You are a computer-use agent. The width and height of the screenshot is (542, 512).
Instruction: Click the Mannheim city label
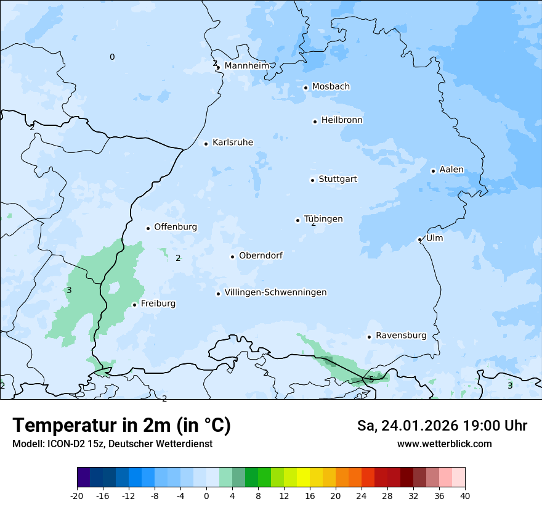point(246,65)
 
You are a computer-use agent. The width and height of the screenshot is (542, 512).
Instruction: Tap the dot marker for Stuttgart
point(312,180)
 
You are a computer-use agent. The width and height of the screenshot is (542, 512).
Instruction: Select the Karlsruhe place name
point(232,142)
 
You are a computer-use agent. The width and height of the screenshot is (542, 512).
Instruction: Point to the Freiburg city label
point(158,303)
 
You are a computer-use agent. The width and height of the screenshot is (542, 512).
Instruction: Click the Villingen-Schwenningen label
point(275,292)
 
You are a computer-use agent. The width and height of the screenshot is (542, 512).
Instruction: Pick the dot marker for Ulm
point(419,239)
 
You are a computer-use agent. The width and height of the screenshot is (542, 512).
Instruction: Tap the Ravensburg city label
point(401,336)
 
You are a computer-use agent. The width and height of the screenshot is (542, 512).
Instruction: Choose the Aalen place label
point(451,170)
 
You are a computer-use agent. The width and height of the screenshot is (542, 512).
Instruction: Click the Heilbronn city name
point(342,120)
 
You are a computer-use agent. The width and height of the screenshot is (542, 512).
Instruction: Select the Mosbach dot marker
point(305,88)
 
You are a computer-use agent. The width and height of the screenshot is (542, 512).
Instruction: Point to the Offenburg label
point(176,227)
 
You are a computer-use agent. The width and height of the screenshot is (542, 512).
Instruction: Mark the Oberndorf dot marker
point(232,257)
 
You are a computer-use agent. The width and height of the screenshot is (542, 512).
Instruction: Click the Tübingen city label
point(323,219)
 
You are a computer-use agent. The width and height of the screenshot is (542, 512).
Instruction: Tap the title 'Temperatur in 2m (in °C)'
point(122,425)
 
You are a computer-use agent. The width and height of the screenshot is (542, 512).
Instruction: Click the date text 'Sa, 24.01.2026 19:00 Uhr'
point(442,426)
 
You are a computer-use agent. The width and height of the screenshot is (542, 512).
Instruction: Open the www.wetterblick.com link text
point(444,444)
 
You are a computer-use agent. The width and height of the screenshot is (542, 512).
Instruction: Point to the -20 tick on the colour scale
point(77,495)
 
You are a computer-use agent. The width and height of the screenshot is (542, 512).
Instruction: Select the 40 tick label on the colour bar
point(465,495)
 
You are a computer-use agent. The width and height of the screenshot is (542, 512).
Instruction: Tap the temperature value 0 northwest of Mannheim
point(112,57)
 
